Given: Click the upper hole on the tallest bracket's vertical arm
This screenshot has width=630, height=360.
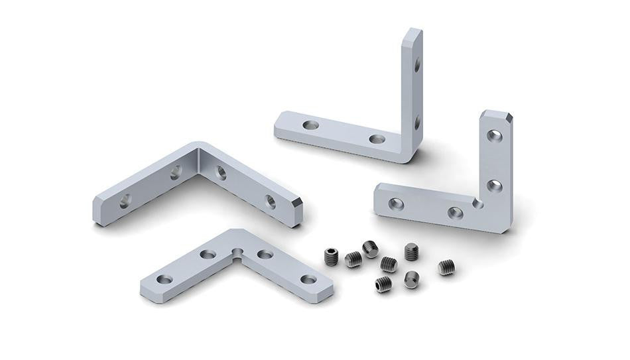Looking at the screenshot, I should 417,64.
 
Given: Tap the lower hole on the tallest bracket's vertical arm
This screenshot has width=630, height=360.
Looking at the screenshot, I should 417,122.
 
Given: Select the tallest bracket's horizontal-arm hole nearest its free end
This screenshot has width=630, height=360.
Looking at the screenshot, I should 310,125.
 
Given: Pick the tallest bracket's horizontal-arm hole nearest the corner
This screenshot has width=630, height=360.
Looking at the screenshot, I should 377,139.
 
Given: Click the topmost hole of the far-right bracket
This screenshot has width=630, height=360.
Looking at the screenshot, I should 494,136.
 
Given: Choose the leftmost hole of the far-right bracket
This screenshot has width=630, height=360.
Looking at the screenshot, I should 396,204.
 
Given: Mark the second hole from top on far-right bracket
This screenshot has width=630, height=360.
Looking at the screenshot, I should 494,186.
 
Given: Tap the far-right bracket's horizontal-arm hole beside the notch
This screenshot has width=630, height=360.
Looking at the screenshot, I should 455,213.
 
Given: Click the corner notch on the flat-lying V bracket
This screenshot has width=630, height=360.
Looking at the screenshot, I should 237,251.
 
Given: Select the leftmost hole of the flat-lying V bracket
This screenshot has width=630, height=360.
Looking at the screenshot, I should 164,279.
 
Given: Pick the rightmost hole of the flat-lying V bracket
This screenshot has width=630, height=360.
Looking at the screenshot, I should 308,279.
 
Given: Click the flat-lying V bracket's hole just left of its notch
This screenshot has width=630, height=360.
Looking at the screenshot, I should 208,254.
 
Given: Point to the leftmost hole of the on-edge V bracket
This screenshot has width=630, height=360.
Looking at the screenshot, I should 125,201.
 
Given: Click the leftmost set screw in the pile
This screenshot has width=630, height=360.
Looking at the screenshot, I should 332,257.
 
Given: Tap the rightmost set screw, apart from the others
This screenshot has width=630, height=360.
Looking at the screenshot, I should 446,267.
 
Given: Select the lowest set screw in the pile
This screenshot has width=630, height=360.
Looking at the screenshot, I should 383,284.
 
